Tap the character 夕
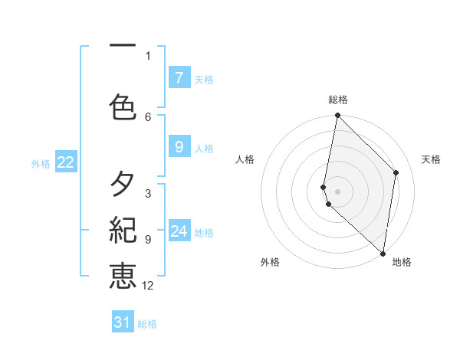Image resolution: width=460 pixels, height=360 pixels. [123, 184]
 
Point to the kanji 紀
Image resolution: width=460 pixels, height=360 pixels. [123, 230]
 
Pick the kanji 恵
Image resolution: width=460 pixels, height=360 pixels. [123, 275]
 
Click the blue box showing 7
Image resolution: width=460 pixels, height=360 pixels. [179, 78]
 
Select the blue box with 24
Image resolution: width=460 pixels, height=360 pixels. [179, 231]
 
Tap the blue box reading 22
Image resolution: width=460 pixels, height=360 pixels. [66, 162]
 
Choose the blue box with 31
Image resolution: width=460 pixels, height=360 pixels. [123, 322]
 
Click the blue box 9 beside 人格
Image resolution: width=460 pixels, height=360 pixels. [179, 147]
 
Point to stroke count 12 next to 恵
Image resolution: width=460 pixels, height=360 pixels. [148, 286]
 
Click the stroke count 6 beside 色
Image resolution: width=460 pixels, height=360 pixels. [148, 116]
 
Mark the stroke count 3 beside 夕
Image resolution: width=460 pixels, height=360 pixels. [148, 194]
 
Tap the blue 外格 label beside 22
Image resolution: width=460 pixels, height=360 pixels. [41, 163]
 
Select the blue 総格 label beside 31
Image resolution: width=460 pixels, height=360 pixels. [147, 324]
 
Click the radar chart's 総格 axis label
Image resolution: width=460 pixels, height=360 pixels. [338, 100]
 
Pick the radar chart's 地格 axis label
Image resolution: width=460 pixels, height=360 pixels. [402, 262]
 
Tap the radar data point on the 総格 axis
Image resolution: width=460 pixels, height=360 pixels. [338, 116]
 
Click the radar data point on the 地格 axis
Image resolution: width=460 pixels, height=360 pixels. [383, 254]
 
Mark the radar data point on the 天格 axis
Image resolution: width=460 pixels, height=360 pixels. [396, 172]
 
